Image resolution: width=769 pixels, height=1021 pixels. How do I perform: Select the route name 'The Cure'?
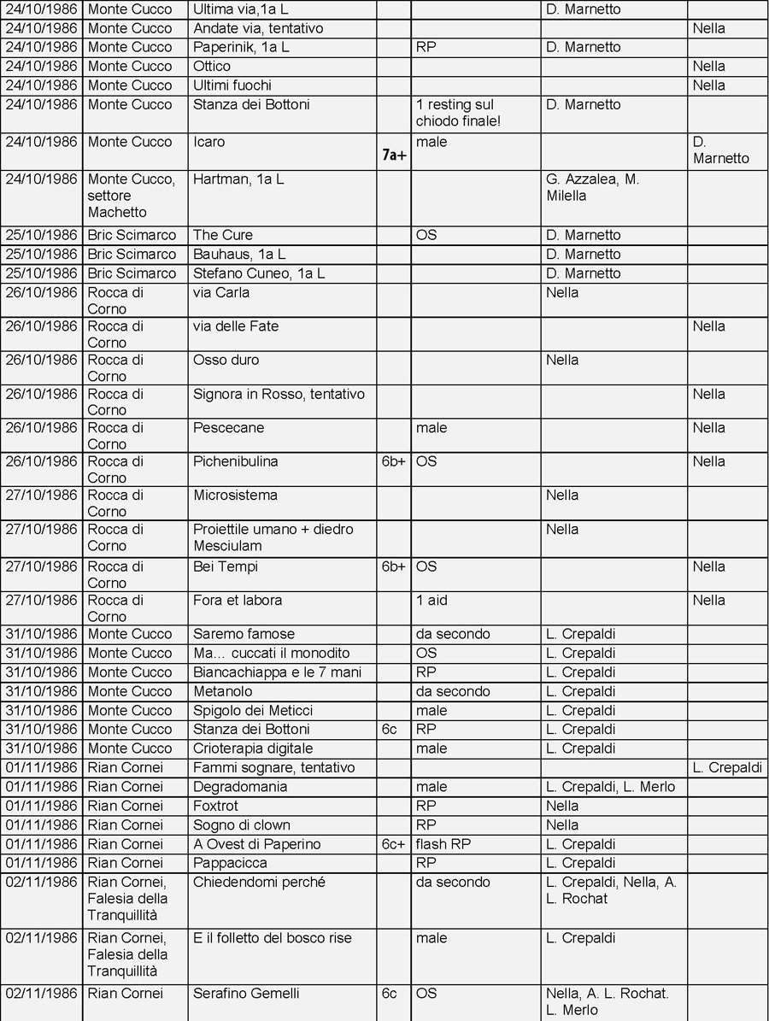tap(223, 235)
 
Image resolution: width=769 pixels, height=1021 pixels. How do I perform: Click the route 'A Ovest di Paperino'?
tap(257, 844)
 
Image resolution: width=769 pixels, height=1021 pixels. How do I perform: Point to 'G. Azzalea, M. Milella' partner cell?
tap(593, 188)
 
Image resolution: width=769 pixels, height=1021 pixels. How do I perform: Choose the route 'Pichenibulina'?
tap(236, 461)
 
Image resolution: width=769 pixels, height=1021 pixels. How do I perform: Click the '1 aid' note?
tap(431, 600)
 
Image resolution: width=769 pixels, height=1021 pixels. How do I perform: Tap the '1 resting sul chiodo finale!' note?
tap(458, 113)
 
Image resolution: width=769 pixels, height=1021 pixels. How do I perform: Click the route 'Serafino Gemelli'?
tap(246, 994)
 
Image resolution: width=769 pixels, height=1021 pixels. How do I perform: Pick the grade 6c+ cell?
tap(393, 844)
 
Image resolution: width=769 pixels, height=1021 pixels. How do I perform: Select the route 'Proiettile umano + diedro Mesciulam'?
tap(273, 537)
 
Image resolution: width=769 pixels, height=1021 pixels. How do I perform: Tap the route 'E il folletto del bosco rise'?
tap(273, 938)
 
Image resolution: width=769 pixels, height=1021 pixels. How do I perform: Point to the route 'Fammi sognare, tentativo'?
tap(273, 767)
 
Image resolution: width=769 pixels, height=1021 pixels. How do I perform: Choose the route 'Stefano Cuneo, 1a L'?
tap(259, 273)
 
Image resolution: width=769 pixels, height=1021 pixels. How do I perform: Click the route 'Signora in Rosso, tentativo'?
tap(279, 394)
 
